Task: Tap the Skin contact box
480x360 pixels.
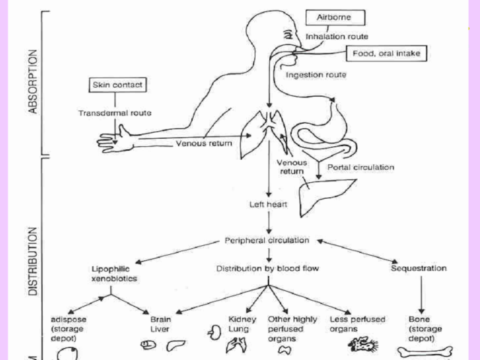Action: (x=118, y=86)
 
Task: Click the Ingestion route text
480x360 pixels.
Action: (x=315, y=75)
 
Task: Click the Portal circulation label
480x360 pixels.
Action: (x=360, y=167)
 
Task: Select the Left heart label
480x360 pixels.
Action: (x=267, y=204)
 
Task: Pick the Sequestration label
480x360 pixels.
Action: (x=419, y=268)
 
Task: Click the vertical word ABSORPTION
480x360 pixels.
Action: (x=32, y=82)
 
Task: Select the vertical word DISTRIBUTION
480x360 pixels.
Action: (x=32, y=247)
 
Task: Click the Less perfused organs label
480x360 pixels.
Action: (x=358, y=323)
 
